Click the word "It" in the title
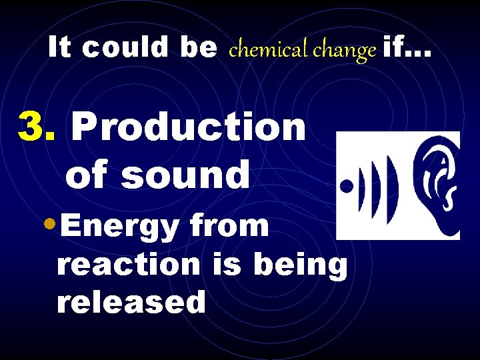point(59,47)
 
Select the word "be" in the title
point(198,47)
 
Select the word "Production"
point(188,126)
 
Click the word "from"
point(229,226)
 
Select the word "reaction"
point(128,265)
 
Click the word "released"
point(131,303)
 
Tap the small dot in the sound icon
point(346,186)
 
